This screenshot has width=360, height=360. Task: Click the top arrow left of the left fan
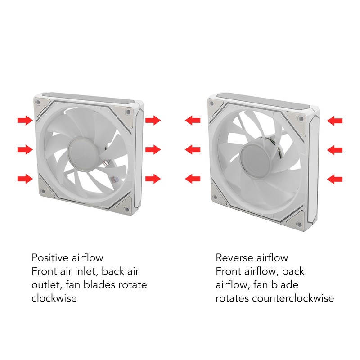tap(25, 120)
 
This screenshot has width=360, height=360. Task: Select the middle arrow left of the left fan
tap(25, 149)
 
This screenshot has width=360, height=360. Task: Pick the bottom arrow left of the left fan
tap(25, 179)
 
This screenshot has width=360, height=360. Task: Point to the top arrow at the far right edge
tap(335, 121)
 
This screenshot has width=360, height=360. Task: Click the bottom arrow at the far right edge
tap(335, 180)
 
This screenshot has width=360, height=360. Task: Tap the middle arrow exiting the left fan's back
tap(153, 149)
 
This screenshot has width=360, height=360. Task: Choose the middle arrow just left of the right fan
tap(193, 149)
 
